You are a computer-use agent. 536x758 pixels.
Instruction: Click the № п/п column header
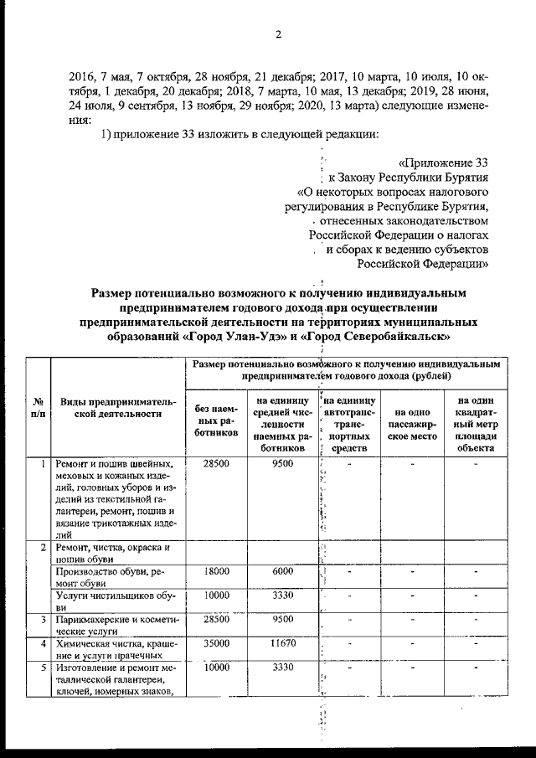coord(37,407)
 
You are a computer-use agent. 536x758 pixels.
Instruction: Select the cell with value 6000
coord(282,571)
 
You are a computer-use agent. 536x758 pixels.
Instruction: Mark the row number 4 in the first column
coord(42,643)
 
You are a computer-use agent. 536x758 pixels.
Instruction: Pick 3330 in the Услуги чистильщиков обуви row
coord(282,596)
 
